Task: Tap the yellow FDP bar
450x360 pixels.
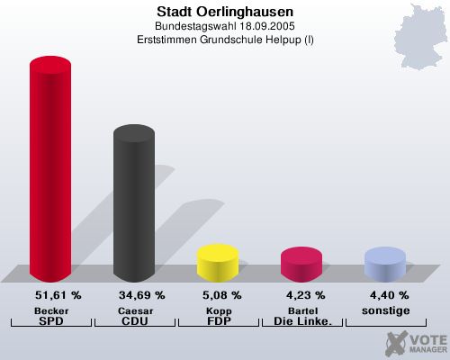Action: pyautogui.click(x=217, y=262)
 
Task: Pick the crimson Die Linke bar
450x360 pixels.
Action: pyautogui.click(x=301, y=264)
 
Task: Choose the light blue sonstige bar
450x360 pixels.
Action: pyautogui.click(x=384, y=264)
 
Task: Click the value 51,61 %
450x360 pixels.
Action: pyautogui.click(x=58, y=295)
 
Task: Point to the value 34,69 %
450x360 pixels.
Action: pyautogui.click(x=141, y=295)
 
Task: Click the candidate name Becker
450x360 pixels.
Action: pyautogui.click(x=50, y=310)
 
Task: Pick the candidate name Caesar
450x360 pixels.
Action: pyautogui.click(x=134, y=310)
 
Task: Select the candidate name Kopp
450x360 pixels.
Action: pyautogui.click(x=217, y=310)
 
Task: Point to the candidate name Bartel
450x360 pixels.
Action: pyautogui.click(x=301, y=310)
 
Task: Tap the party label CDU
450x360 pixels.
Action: pyautogui.click(x=134, y=320)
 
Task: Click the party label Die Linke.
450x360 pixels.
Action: pyautogui.click(x=301, y=320)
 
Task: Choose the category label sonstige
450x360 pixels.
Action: pyautogui.click(x=384, y=310)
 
